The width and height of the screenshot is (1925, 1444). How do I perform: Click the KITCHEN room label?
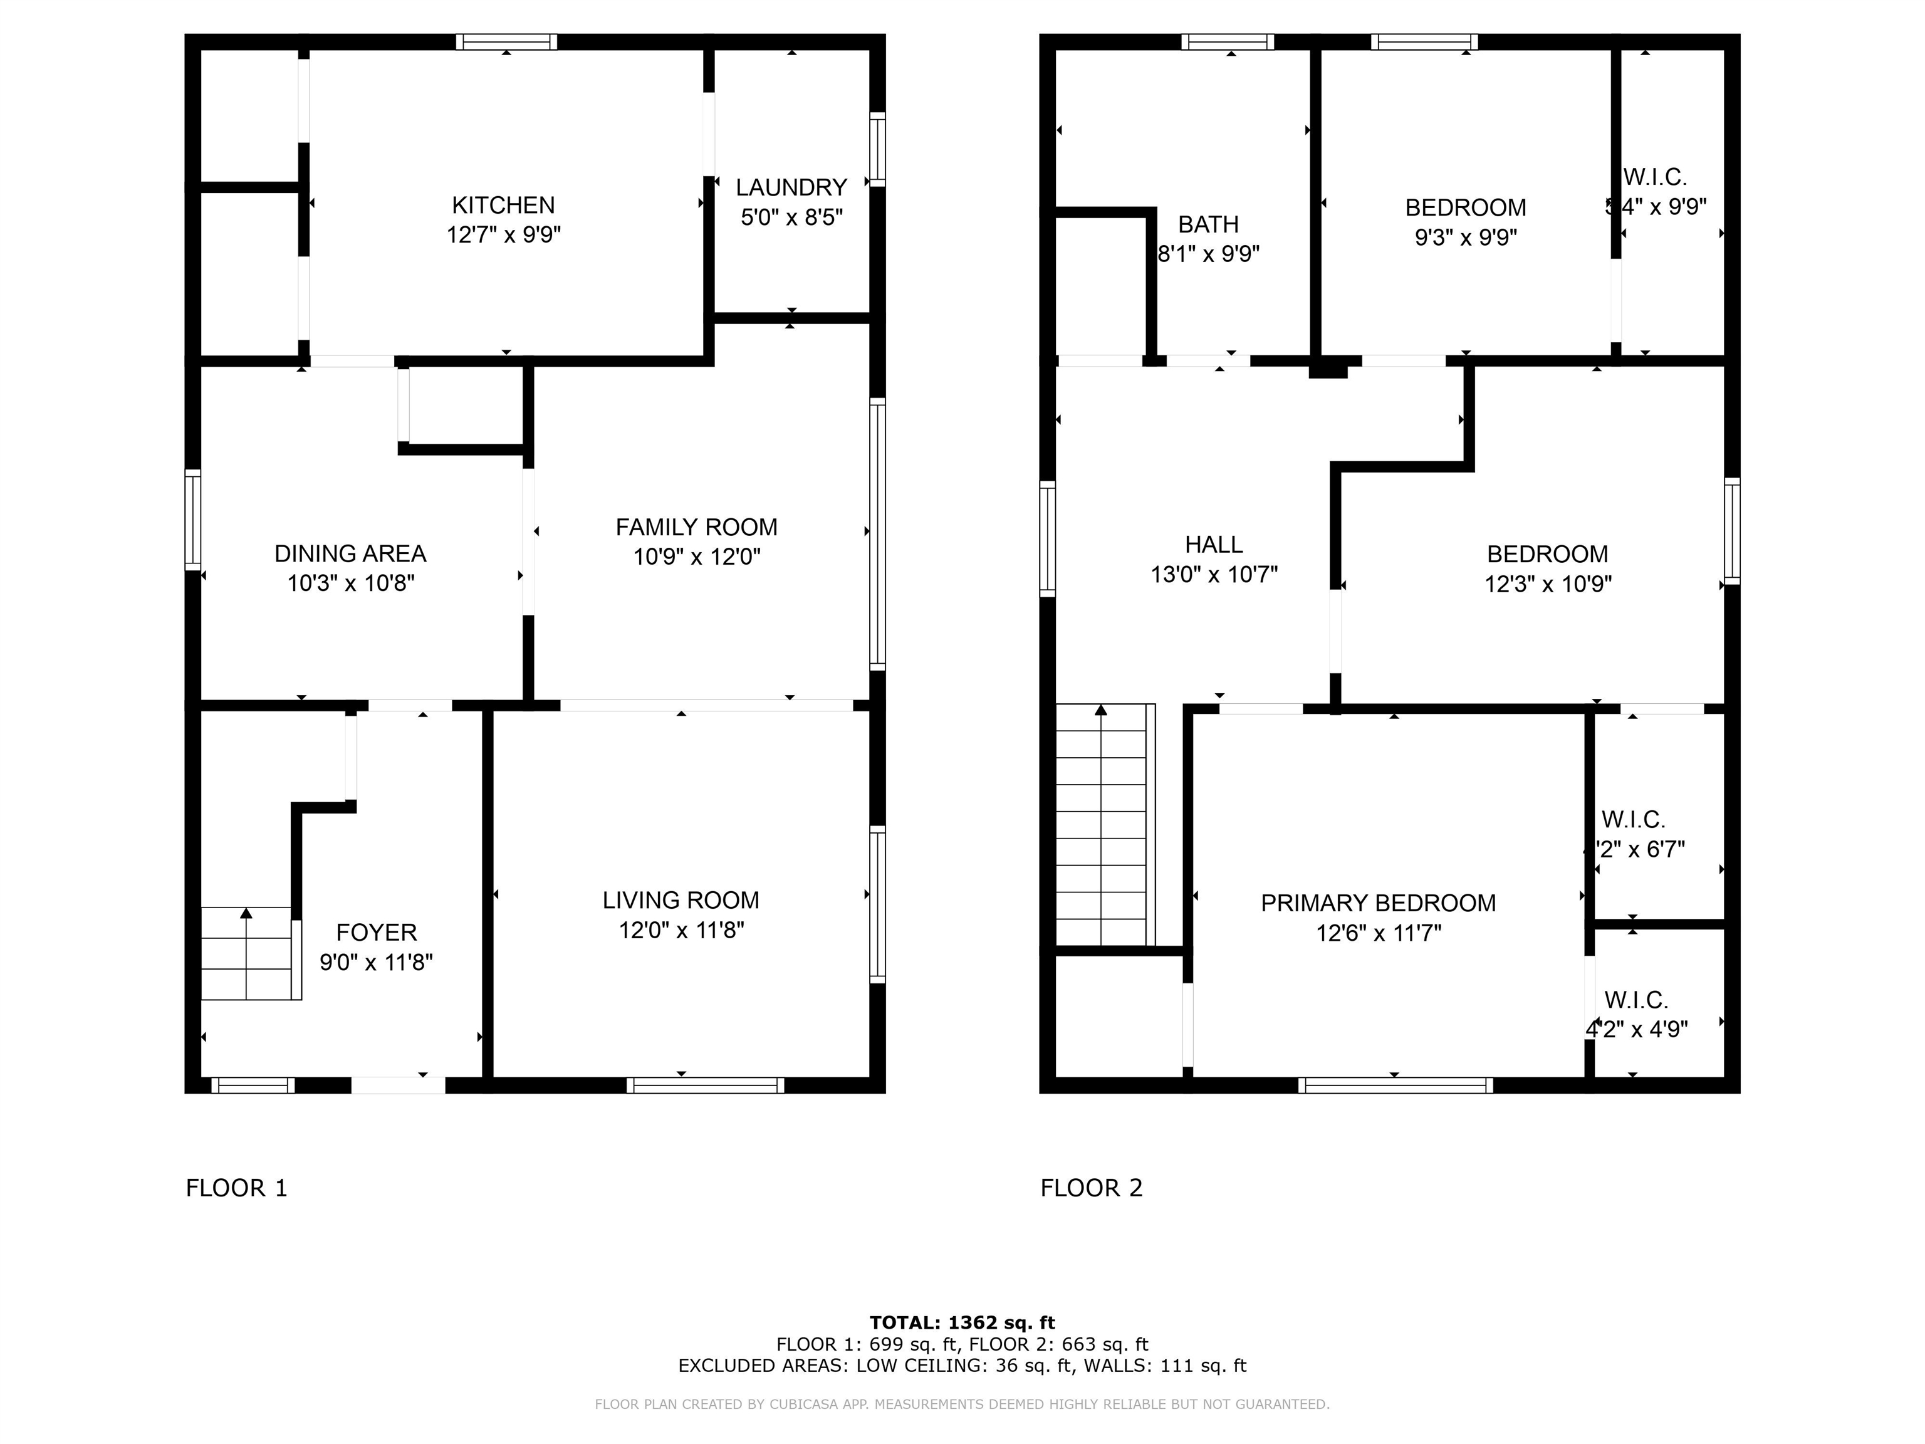[503, 206]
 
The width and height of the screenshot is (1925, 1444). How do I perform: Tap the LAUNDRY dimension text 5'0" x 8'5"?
[791, 217]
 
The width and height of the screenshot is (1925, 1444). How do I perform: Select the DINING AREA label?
[350, 553]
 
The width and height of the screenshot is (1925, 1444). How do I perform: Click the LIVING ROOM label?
[681, 900]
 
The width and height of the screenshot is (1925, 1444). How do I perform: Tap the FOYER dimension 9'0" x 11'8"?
[376, 962]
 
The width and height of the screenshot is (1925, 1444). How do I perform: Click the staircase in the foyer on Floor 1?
[249, 953]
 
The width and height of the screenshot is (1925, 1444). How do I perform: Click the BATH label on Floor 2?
[1208, 224]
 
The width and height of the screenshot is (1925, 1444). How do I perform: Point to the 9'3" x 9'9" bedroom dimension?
[1466, 238]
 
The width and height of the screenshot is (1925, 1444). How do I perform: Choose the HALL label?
[1213, 545]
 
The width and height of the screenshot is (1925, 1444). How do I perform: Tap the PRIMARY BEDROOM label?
[1377, 904]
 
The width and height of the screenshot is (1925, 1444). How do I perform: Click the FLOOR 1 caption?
[236, 1188]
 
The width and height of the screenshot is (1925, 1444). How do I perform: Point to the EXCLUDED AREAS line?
[962, 1366]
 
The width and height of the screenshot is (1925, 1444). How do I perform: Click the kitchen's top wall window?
[506, 42]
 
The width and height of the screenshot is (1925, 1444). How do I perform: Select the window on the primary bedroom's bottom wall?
[1395, 1086]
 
